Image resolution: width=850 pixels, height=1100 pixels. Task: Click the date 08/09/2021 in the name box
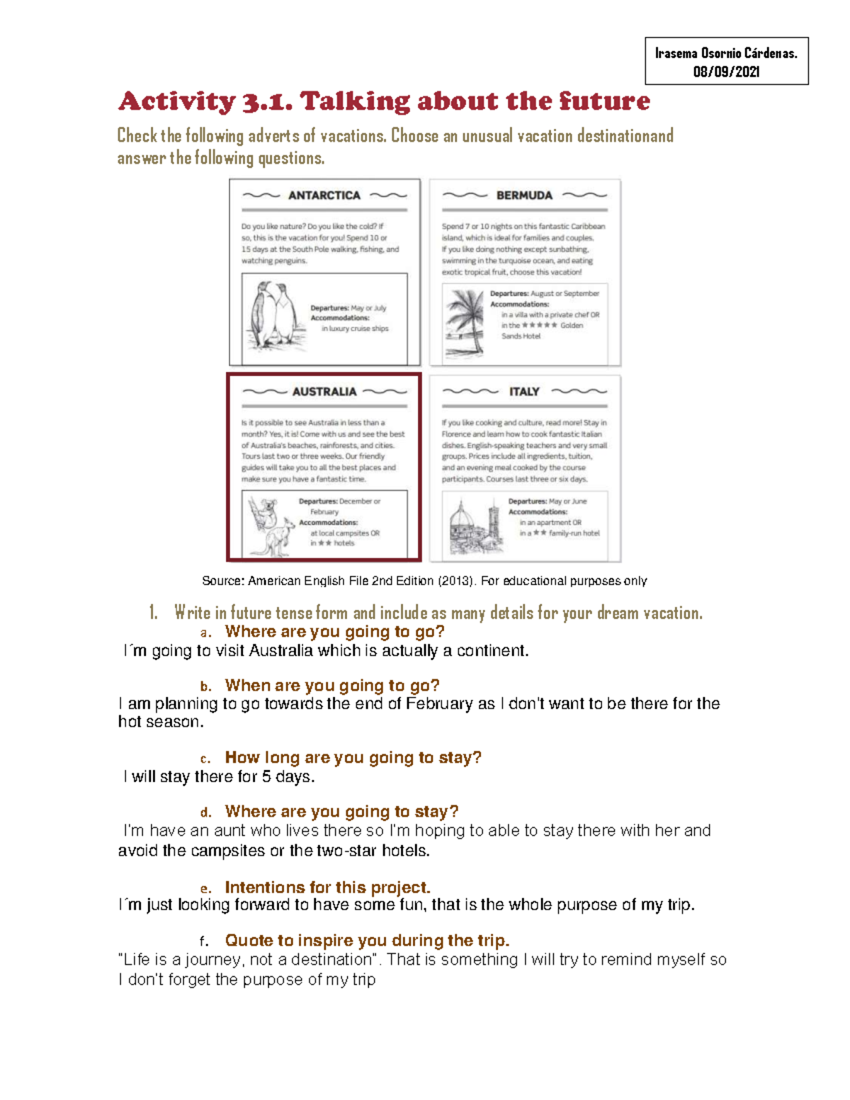(726, 72)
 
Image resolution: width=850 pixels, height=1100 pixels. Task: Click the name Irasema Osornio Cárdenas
(726, 53)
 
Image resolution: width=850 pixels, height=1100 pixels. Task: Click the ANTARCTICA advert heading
(324, 195)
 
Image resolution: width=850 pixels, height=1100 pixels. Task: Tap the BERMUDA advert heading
(524, 195)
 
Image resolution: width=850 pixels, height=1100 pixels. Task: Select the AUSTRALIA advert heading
(324, 392)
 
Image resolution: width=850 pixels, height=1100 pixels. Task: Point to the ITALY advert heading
(524, 392)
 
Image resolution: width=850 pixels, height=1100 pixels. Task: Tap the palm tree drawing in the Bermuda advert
(465, 322)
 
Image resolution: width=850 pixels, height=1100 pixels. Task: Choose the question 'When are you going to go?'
(331, 686)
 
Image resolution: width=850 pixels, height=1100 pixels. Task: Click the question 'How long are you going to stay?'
(353, 758)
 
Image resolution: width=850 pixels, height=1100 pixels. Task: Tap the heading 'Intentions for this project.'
(327, 888)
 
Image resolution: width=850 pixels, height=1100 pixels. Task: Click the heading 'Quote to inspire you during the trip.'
(367, 941)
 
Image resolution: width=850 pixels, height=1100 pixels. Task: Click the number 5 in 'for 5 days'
(266, 777)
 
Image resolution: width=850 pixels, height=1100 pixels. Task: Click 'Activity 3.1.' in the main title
(205, 101)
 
